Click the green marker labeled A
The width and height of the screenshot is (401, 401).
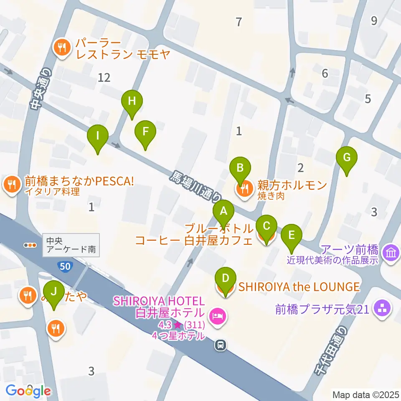coord(223,211)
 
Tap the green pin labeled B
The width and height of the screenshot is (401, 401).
coord(240,169)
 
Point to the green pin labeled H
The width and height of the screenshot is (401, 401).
coord(132,102)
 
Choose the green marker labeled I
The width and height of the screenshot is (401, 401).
coord(98,136)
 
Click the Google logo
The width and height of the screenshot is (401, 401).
coord(28,391)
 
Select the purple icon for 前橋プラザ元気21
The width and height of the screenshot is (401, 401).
coord(383,310)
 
